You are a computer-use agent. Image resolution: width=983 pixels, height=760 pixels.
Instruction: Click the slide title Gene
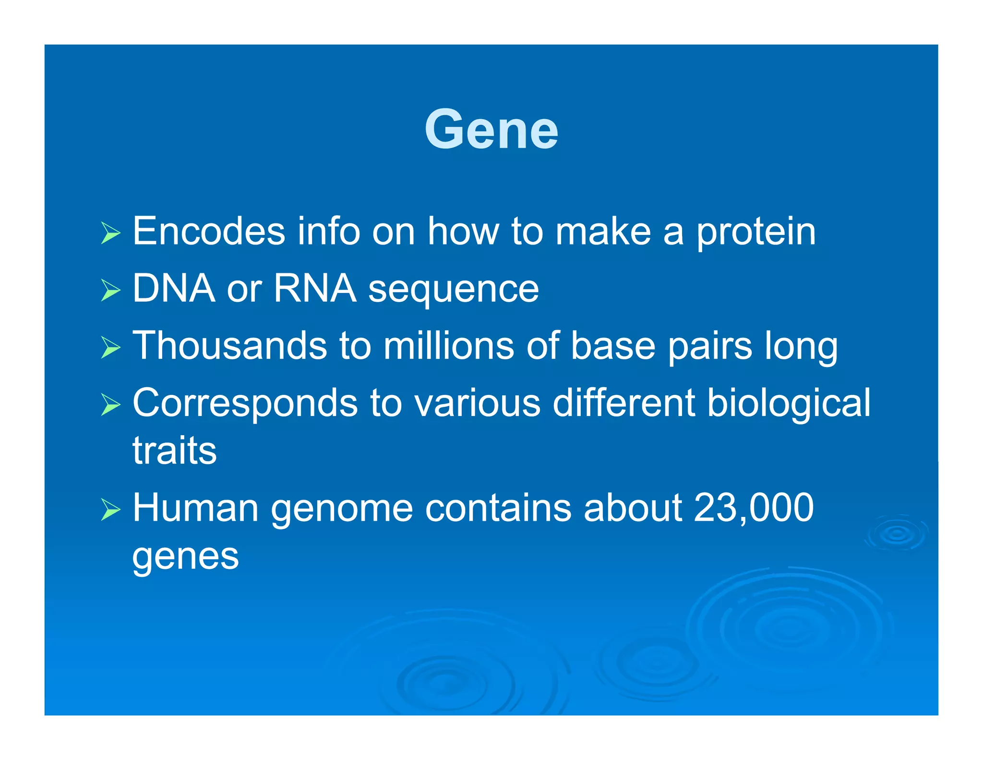coord(491,130)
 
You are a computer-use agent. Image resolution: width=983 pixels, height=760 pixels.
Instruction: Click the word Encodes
coord(208,232)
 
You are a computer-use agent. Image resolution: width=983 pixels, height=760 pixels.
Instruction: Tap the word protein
coord(755,233)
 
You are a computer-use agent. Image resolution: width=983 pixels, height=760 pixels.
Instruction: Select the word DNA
coord(173,289)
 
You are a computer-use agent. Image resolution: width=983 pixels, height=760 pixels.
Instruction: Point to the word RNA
coord(315,289)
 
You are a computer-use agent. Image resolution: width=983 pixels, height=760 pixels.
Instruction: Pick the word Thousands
coord(229,346)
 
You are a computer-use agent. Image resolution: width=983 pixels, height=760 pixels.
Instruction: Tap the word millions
coord(448,346)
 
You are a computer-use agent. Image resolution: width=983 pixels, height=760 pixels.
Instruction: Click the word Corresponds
coord(245,404)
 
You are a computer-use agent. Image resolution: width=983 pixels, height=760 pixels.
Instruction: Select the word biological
coord(789,404)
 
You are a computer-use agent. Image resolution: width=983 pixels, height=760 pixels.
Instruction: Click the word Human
coord(195,508)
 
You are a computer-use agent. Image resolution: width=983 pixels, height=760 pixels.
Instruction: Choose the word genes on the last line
coord(185,557)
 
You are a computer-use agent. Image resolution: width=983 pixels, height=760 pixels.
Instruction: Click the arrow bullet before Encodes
coord(111,233)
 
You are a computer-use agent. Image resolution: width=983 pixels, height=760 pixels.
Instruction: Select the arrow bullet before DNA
coord(111,291)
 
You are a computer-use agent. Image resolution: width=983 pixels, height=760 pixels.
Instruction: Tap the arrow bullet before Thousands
coord(111,348)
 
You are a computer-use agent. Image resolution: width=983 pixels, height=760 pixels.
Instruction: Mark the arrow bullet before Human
coord(111,510)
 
